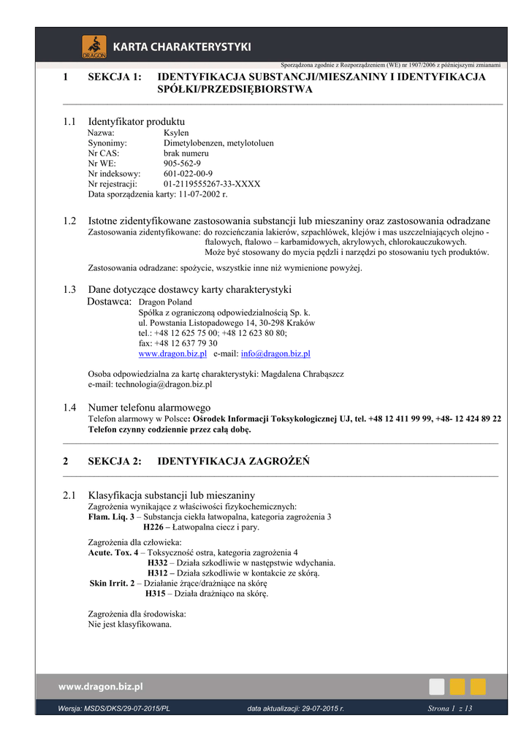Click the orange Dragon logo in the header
[94, 46]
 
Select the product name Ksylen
[176, 133]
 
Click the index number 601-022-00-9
[189, 174]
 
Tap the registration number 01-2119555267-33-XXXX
[212, 184]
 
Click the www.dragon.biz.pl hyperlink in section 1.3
[172, 354]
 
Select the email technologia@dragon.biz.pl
[166, 384]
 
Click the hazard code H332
[157, 563]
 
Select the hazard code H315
[155, 594]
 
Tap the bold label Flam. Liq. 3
[111, 516]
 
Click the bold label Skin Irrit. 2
[112, 584]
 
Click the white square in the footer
[437, 687]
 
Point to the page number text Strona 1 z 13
[449, 709]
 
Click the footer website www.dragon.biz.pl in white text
[101, 687]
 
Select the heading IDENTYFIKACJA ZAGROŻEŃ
[234, 461]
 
